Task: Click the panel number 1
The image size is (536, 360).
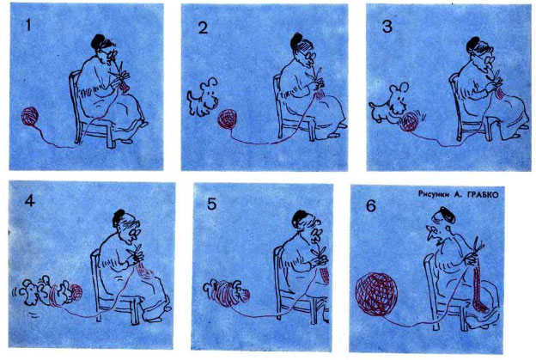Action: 28,25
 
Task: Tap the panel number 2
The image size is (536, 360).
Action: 203,27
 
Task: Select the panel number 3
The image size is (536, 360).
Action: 387,27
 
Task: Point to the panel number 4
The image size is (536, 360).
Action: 30,201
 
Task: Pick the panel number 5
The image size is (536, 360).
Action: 211,204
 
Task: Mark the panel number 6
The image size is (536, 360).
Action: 371,206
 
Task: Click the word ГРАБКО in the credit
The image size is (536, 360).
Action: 483,194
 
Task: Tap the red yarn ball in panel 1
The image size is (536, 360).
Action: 30,116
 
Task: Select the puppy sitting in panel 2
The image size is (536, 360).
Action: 203,97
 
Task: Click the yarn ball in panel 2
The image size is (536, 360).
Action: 228,119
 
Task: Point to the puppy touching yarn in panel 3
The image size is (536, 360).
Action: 389,102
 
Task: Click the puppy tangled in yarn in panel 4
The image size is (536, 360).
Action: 48,292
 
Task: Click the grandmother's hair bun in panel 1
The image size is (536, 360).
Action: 98,40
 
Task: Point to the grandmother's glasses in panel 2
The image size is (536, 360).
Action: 309,54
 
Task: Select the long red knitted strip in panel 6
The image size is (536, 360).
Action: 478,286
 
